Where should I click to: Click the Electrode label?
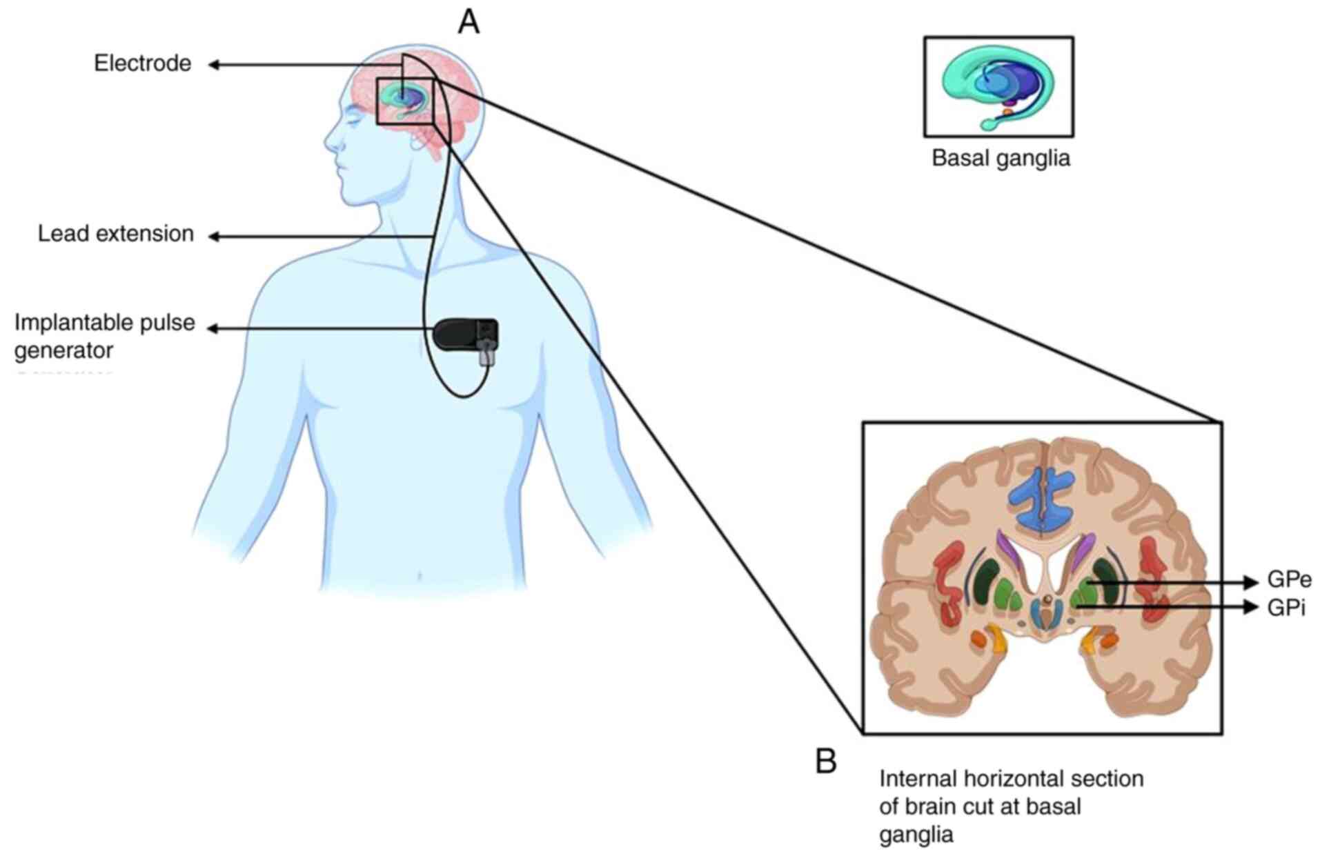pos(142,63)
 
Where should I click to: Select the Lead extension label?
pos(115,234)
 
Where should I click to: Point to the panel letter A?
pos(469,22)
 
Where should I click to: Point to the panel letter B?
pos(825,762)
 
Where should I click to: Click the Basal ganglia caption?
pos(1001,158)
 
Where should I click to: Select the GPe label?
pos(1289,580)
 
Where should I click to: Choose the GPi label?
pos(1286,608)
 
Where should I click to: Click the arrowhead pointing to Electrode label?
pos(215,65)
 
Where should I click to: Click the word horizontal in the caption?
pos(1014,779)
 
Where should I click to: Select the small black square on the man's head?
pos(405,101)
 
